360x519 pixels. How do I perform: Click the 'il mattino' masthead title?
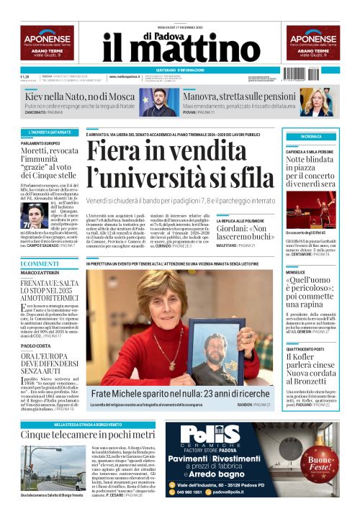[179, 48]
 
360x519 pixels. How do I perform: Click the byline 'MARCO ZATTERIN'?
[40, 273]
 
